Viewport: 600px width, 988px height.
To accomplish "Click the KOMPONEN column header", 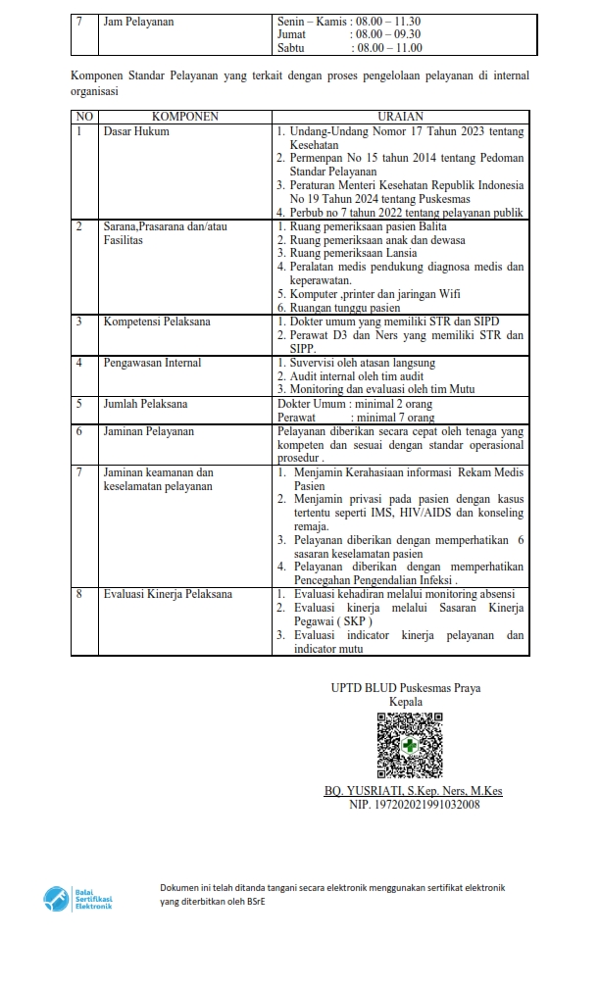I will click(184, 117).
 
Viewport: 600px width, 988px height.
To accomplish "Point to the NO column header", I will click(83, 117).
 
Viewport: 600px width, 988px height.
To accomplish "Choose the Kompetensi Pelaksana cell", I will click(157, 321).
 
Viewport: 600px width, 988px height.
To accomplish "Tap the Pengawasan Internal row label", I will click(152, 363).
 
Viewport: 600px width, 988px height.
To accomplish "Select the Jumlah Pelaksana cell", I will click(145, 404).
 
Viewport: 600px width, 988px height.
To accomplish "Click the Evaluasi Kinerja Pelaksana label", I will click(168, 594).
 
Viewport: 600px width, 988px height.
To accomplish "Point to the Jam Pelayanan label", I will click(138, 21).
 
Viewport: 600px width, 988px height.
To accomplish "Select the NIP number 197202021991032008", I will click(415, 805).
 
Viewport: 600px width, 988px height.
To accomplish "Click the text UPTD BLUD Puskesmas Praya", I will click(406, 688).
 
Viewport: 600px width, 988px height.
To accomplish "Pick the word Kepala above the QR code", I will click(406, 702).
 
